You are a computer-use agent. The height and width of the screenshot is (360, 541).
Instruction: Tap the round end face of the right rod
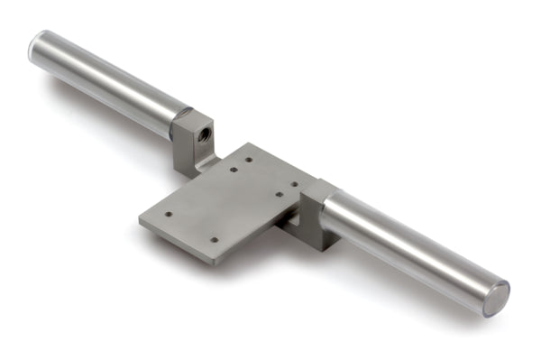tap(497, 299)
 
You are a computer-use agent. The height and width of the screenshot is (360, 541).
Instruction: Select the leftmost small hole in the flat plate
tap(169, 215)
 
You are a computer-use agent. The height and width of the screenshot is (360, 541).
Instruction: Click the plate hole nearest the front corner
tap(214, 240)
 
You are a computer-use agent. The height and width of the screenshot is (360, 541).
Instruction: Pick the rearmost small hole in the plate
tap(249, 160)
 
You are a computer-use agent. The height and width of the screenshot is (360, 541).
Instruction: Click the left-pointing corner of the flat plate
tap(141, 218)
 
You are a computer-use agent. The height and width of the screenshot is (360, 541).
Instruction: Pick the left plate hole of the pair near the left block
tap(233, 169)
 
